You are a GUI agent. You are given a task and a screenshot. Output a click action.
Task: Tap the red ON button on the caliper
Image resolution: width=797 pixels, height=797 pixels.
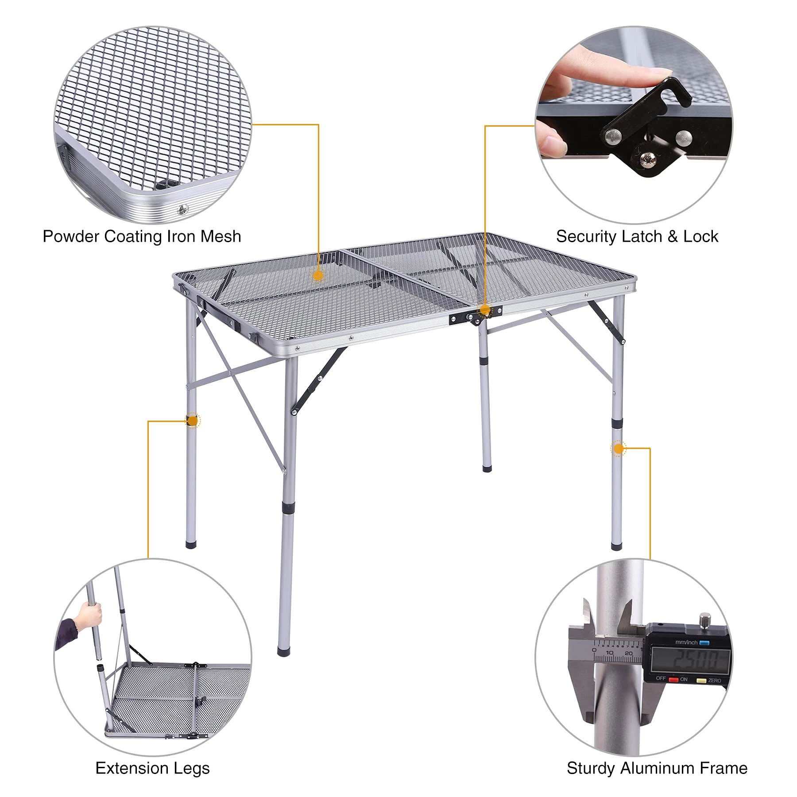tap(673, 680)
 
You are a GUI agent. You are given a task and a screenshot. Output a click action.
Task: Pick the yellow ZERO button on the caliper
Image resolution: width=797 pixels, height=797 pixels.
tap(701, 681)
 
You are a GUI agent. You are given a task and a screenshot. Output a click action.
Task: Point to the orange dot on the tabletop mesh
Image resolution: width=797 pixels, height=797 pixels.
tap(318, 275)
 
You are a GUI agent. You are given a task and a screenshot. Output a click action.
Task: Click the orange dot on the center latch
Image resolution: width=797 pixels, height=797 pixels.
tap(485, 310)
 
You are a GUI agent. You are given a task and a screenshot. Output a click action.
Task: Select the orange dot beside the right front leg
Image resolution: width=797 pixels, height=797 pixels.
tap(618, 449)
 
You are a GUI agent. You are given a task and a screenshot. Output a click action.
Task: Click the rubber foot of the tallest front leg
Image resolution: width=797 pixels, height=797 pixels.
tap(284, 651)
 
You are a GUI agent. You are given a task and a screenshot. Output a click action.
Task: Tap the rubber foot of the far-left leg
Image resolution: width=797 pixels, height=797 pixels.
tap(190, 544)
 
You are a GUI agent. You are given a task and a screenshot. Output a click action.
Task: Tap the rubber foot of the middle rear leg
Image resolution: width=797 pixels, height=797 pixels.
tap(487, 468)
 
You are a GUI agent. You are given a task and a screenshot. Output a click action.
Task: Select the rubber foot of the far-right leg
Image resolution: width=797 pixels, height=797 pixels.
tap(616, 546)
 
